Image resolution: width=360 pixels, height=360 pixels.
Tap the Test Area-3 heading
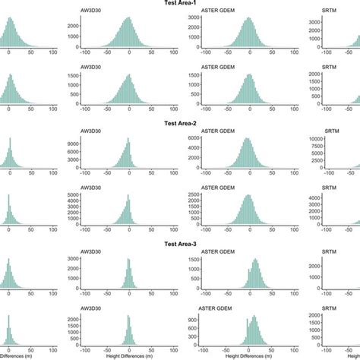[180, 245]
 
